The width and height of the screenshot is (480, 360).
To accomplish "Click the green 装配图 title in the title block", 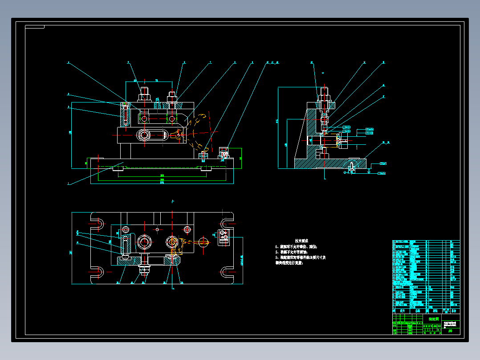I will (x=433, y=319).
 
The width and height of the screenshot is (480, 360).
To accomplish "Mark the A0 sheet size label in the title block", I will (x=450, y=331).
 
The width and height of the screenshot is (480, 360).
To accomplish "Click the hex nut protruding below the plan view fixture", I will (x=144, y=269).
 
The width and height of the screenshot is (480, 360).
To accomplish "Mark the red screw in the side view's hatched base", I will (x=351, y=167).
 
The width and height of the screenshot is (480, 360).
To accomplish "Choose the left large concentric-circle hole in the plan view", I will (x=144, y=241).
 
